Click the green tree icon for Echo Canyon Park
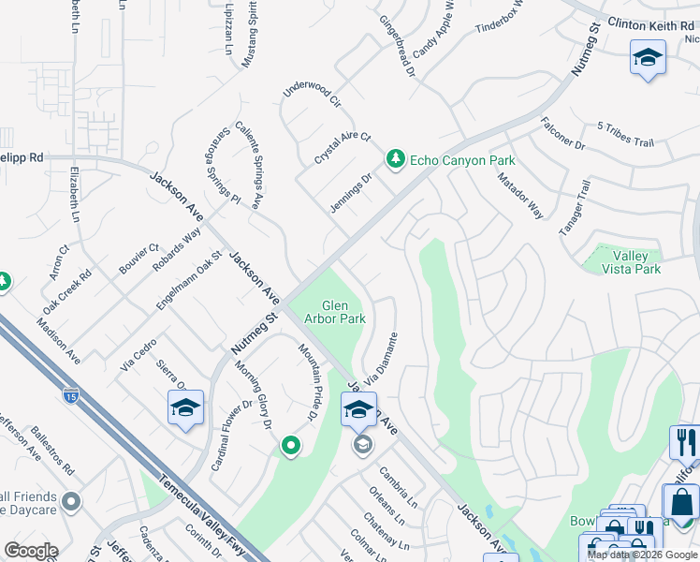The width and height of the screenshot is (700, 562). coord(396,160)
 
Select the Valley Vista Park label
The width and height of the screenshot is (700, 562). coord(636,262)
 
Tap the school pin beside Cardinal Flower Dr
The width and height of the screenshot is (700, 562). coord(185,408)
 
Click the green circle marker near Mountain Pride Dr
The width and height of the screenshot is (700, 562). coord(291,448)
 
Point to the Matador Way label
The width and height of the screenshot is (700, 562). coord(519,195)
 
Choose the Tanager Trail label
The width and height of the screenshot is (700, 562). coord(573,208)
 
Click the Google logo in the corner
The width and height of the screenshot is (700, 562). coord(31,551)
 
